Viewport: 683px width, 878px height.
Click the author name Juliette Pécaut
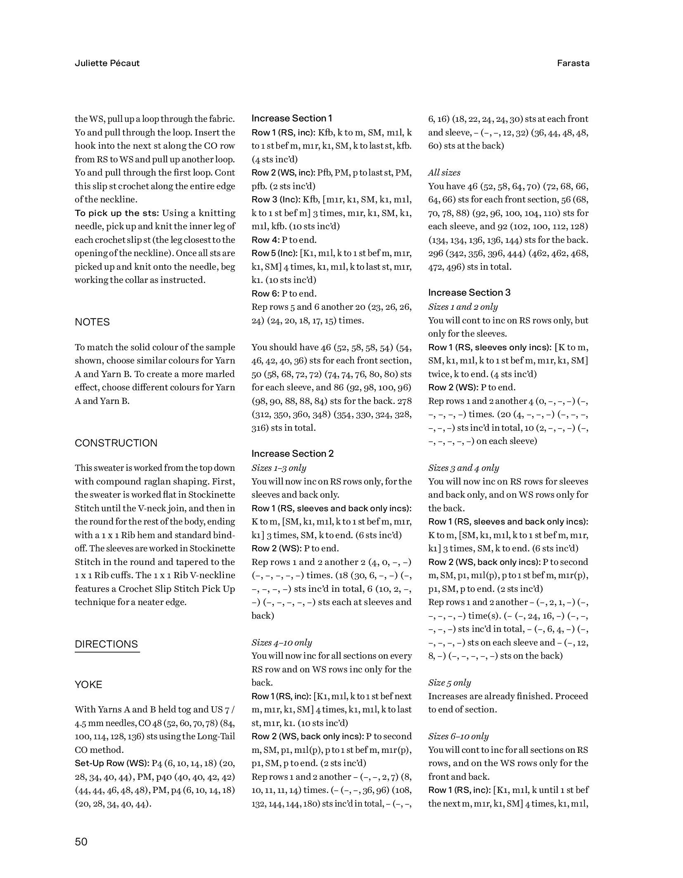pos(107,63)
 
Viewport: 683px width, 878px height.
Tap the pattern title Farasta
pos(573,63)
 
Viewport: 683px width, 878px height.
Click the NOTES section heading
pos(92,322)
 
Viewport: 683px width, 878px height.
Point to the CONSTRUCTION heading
pos(116,443)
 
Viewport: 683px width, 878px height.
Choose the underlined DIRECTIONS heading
pos(107,644)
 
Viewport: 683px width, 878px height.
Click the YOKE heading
pos(88,685)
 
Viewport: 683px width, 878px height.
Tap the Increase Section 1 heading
pos(292,119)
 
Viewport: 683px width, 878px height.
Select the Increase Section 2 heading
pos(292,454)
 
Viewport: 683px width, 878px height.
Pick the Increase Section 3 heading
pos(469,293)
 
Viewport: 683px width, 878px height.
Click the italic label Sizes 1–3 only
pos(279,468)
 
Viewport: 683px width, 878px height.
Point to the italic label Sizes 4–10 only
pos(282,643)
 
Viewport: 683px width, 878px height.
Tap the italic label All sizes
pos(444,173)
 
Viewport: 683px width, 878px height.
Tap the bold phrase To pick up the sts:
pos(117,213)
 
